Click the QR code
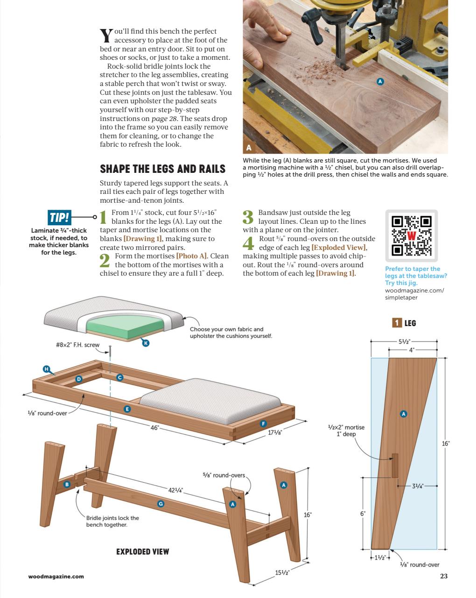[x=412, y=235]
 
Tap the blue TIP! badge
[x=59, y=217]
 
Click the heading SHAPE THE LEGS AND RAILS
[x=162, y=169]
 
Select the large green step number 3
[x=248, y=217]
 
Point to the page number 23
[x=444, y=576]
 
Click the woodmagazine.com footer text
[x=56, y=576]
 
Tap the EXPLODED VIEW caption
[x=142, y=552]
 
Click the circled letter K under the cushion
[x=146, y=343]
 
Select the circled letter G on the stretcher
[x=161, y=504]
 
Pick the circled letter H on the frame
[x=46, y=369]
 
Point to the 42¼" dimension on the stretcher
[x=175, y=490]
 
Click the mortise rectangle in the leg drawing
[x=395, y=466]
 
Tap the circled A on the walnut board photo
[x=380, y=81]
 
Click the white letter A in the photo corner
[x=249, y=148]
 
